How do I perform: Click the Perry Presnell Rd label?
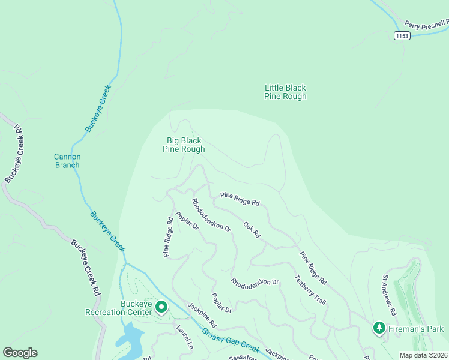pyautogui.click(x=426, y=25)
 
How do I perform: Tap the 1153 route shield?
pyautogui.click(x=402, y=36)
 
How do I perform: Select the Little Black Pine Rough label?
pyautogui.click(x=286, y=92)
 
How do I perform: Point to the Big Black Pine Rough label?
pyautogui.click(x=184, y=145)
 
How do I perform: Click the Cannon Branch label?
pyautogui.click(x=67, y=161)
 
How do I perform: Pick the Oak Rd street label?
pyautogui.click(x=251, y=229)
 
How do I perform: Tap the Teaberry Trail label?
pyautogui.click(x=310, y=290)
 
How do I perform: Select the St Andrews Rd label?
pyautogui.click(x=390, y=296)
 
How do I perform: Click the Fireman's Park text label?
pyautogui.click(x=416, y=329)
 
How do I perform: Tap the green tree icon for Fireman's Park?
pyautogui.click(x=379, y=328)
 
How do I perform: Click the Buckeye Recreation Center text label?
pyautogui.click(x=119, y=308)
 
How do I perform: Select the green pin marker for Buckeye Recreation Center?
pyautogui.click(x=161, y=307)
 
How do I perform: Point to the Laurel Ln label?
pyautogui.click(x=184, y=337)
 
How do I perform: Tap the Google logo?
pyautogui.click(x=20, y=353)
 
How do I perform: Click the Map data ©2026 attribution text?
pyautogui.click(x=423, y=355)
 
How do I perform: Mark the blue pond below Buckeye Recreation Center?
pyautogui.click(x=128, y=339)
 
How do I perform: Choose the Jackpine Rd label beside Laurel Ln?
pyautogui.click(x=201, y=315)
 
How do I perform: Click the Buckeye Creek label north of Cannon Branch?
pyautogui.click(x=98, y=109)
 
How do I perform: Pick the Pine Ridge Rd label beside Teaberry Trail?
pyautogui.click(x=313, y=268)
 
